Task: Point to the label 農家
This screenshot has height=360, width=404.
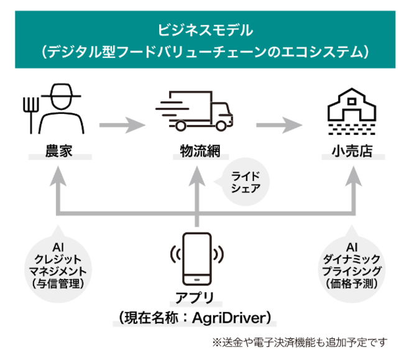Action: [60, 150]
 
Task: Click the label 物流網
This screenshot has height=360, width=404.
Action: [199, 150]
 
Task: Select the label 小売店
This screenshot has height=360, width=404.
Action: [352, 150]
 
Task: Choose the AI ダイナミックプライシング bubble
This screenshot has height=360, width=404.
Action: [352, 265]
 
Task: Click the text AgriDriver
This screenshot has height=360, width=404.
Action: [233, 318]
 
